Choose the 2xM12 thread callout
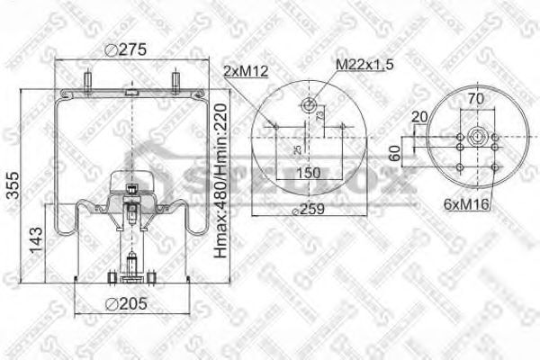[247, 70]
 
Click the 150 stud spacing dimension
[309, 172]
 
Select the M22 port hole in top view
[310, 107]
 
